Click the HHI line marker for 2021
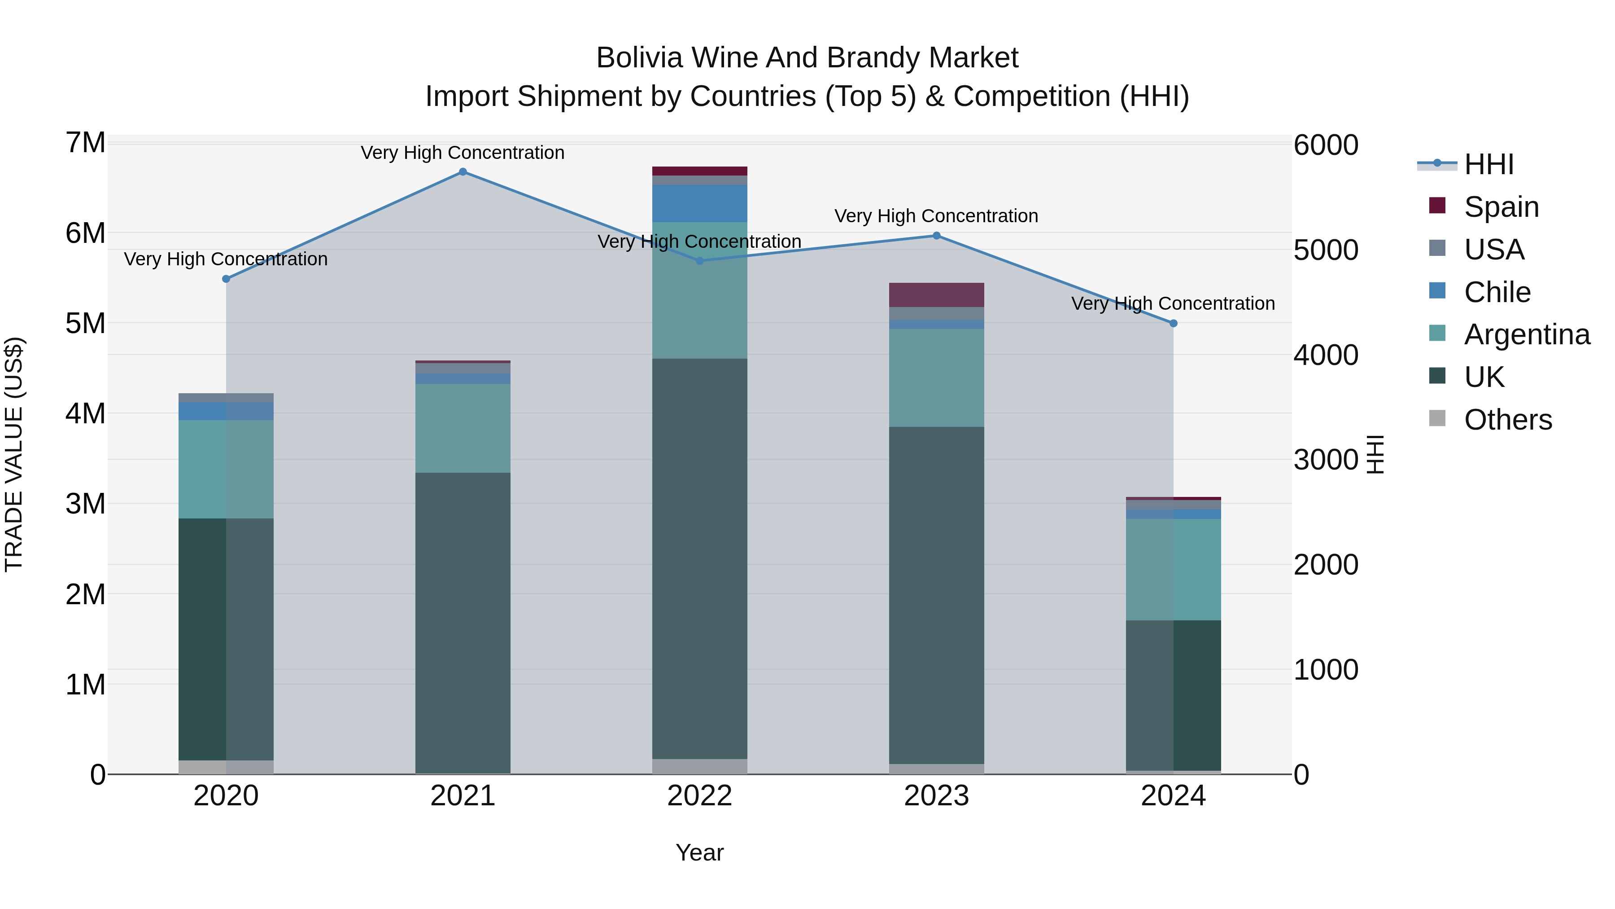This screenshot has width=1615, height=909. click(x=463, y=172)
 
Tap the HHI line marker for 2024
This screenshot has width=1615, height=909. click(x=1174, y=324)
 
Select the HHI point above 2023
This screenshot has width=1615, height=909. click(x=937, y=236)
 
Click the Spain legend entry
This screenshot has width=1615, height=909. click(x=1501, y=207)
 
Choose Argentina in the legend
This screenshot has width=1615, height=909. click(x=1527, y=334)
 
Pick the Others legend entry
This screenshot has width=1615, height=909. click(x=1508, y=420)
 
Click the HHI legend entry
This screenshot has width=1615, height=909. click(x=1488, y=164)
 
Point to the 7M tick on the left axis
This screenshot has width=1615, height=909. click(x=86, y=143)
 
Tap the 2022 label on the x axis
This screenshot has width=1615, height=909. click(x=700, y=796)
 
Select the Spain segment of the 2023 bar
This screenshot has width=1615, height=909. click(x=937, y=295)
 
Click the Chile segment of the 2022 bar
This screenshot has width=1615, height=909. click(x=700, y=204)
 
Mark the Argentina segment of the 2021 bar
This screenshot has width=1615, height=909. click(x=463, y=428)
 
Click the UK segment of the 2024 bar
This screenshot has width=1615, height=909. click(x=1174, y=695)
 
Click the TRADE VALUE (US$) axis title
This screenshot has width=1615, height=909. click(x=14, y=454)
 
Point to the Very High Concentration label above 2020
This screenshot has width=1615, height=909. click(x=226, y=259)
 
